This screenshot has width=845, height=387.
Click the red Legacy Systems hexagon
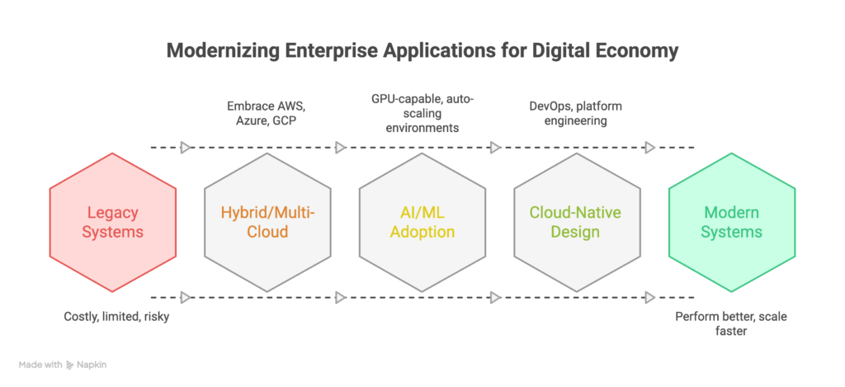pos(113,222)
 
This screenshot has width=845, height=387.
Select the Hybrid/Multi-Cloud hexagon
pos(267,222)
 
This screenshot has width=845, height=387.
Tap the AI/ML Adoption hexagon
pos(422,222)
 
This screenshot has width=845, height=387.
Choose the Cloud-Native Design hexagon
pos(577,222)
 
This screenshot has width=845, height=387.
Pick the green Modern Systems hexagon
pos(731,222)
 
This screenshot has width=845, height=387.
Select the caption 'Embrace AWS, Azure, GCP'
pos(267,114)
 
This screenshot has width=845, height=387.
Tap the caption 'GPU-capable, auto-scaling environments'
pos(422,114)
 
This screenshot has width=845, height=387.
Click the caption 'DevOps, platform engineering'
pos(575,114)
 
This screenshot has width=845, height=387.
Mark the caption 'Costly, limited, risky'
pos(116,316)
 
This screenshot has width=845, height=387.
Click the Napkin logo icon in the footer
pos(70,364)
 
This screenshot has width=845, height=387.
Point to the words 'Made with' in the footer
pos(41,364)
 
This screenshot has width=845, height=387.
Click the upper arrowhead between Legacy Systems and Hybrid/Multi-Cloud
pos(186,148)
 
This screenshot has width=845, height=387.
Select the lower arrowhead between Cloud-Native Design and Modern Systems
pos(650,296)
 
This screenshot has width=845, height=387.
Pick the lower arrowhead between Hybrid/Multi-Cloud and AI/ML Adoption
pos(340,296)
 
